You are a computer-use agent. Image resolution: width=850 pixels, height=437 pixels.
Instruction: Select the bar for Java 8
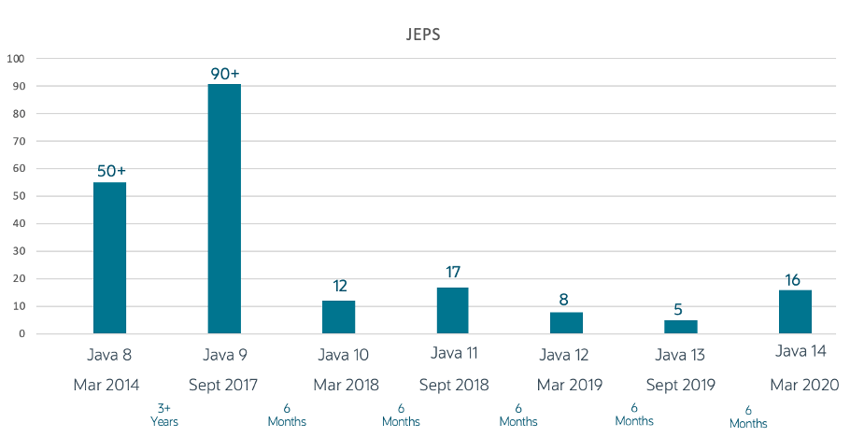pyautogui.click(x=109, y=258)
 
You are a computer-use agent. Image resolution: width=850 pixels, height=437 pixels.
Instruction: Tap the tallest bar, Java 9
pyautogui.click(x=224, y=208)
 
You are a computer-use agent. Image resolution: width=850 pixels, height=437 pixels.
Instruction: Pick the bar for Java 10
pyautogui.click(x=338, y=317)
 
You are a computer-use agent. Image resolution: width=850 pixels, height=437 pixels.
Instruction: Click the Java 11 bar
pyautogui.click(x=452, y=310)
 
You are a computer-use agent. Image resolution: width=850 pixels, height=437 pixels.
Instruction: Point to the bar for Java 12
pyautogui.click(x=566, y=322)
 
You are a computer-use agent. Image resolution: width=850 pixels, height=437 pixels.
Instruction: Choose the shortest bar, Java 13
pyautogui.click(x=680, y=327)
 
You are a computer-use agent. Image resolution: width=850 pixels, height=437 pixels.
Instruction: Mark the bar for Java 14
pyautogui.click(x=795, y=311)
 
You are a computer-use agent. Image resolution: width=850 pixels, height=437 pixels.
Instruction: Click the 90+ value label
pyautogui.click(x=224, y=72)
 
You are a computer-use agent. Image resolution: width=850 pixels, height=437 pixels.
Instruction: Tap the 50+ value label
pyautogui.click(x=110, y=171)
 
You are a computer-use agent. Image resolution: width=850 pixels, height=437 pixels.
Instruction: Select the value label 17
pyautogui.click(x=453, y=273)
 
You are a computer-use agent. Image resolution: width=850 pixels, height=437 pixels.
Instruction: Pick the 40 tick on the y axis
pyautogui.click(x=18, y=224)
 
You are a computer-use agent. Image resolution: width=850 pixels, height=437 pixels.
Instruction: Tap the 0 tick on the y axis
pyautogui.click(x=21, y=333)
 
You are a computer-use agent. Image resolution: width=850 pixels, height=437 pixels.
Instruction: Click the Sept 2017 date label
pyautogui.click(x=224, y=385)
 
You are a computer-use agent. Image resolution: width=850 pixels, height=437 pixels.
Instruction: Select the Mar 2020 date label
pyautogui.click(x=804, y=385)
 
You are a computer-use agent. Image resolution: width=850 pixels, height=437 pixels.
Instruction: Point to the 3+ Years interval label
pyautogui.click(x=164, y=415)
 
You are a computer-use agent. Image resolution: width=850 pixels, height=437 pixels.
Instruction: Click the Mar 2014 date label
pyautogui.click(x=110, y=385)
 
